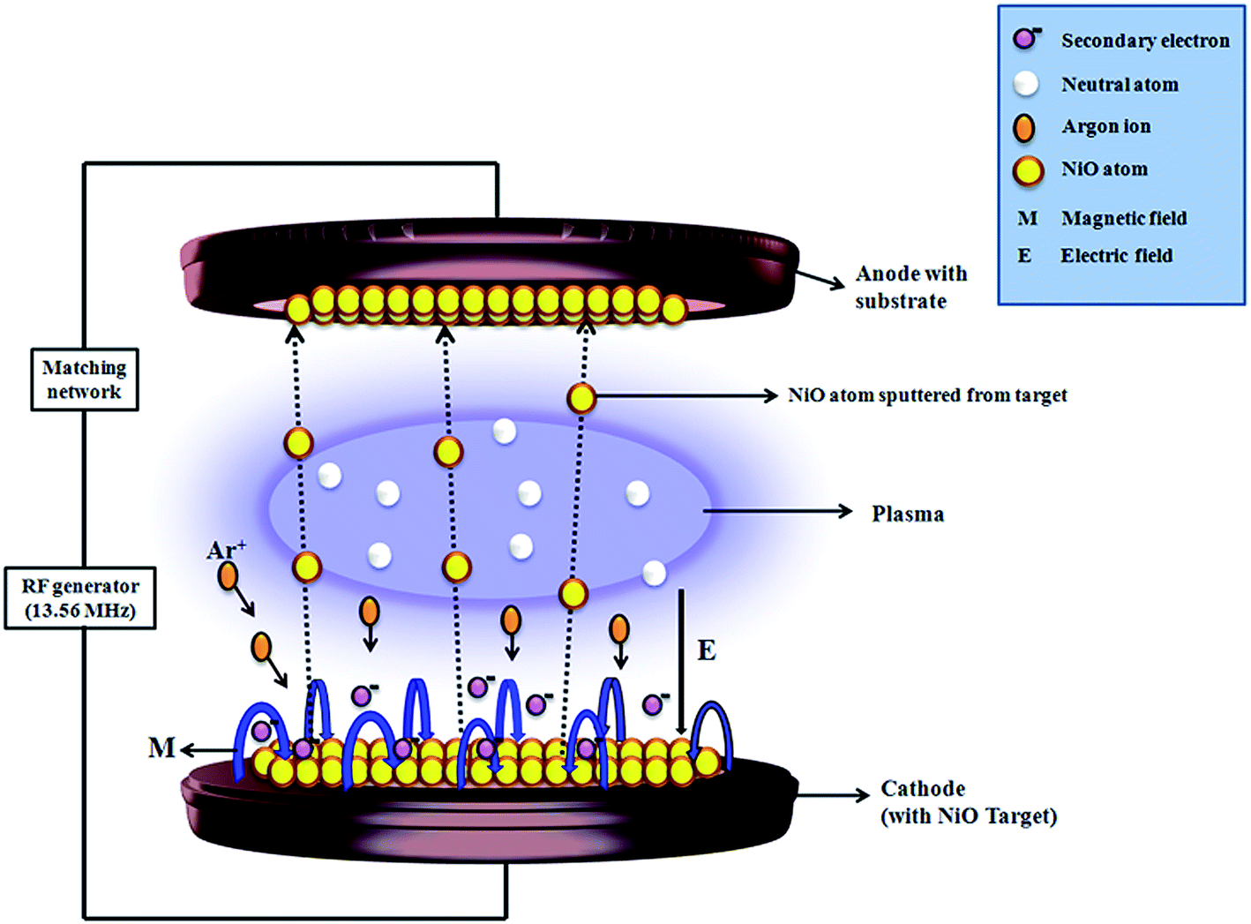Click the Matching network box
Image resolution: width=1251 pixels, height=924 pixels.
[85, 379]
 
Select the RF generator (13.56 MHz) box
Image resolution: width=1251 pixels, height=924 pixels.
[80, 598]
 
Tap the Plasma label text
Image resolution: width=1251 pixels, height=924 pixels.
[907, 514]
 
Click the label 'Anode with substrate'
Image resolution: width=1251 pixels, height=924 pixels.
[910, 287]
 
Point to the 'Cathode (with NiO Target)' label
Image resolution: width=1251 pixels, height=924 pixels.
[968, 802]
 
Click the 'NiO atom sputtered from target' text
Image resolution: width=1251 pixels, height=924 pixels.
[927, 395]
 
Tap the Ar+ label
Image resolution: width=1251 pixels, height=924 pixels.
[226, 551]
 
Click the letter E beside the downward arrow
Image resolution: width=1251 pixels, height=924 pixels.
[707, 650]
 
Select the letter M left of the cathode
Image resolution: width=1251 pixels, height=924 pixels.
[161, 748]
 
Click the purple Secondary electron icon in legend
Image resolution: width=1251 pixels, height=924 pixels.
[1024, 39]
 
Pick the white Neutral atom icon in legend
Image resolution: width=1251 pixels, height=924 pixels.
[1025, 84]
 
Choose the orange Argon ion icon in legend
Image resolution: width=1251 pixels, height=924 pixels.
[1024, 127]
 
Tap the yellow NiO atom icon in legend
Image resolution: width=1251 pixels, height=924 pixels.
[1028, 169]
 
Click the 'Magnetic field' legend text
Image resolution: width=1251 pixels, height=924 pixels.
[1123, 218]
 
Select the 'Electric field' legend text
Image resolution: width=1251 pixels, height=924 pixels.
[1116, 256]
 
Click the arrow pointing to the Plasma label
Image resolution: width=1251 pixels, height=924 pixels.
[776, 511]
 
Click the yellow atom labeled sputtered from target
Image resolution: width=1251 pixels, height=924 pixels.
[581, 398]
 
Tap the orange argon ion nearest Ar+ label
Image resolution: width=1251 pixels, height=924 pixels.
[228, 577]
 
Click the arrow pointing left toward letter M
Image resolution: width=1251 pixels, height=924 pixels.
[210, 750]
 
